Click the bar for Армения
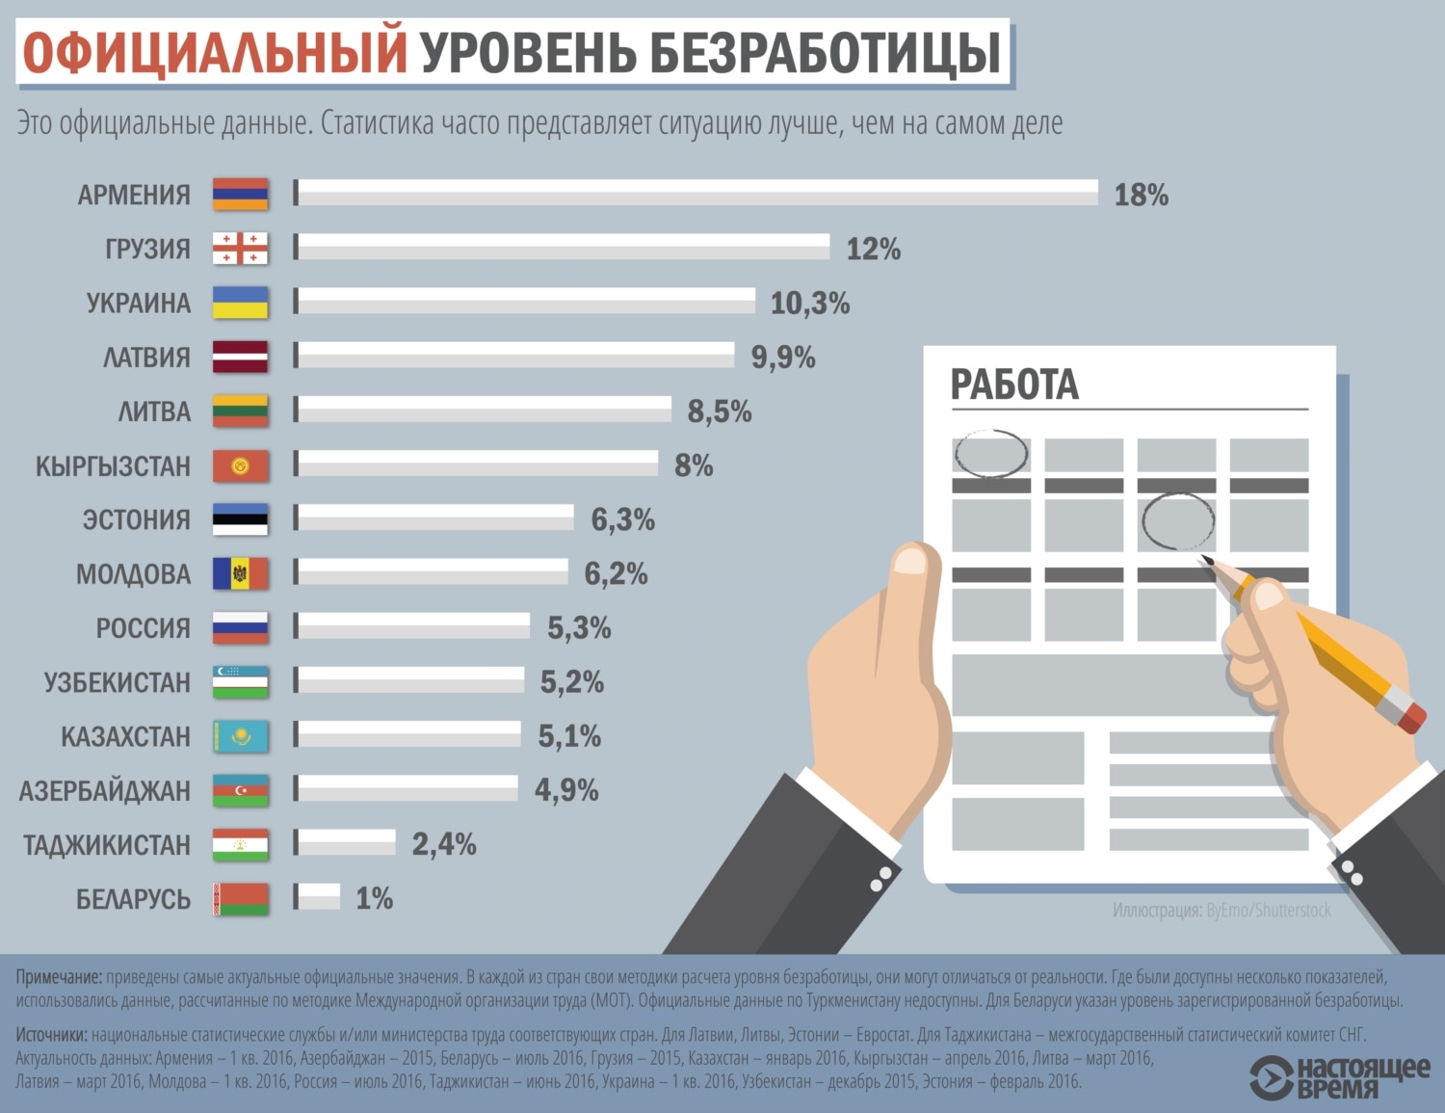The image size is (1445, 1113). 696,193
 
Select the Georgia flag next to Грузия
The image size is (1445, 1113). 240,248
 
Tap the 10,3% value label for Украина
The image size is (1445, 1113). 810,304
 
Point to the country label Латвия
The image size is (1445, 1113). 146,358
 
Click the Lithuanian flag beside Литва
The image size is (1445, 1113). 240,411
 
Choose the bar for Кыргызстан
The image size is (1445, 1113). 477,464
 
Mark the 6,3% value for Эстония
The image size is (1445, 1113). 622,520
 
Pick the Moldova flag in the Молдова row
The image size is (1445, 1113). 240,573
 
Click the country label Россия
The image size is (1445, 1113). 143,628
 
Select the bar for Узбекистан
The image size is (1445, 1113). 409,681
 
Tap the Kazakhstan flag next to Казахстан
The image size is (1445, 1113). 240,736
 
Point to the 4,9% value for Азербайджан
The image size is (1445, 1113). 566,790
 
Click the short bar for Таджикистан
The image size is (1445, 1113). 345,843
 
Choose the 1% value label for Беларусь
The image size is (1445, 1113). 374,899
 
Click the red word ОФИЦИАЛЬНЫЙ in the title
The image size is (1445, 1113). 215,53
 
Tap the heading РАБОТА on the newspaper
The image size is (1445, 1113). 1013,384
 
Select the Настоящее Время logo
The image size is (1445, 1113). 1339,1077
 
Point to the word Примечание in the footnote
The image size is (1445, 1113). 59,977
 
